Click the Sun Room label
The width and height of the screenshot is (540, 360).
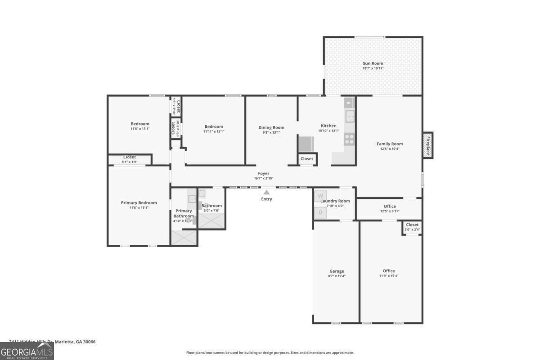point(373,63)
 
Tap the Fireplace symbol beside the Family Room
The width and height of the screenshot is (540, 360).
point(428,145)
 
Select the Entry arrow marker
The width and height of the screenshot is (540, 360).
point(266,192)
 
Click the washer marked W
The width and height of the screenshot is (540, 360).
point(320,196)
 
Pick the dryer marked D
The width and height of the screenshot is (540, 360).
point(320,212)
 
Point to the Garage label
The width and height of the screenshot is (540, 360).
point(337,271)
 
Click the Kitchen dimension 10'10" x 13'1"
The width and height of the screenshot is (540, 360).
point(328,131)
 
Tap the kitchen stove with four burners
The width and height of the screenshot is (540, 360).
point(349,139)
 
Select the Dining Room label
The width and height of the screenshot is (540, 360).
point(271,127)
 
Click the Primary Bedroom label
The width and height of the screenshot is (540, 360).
point(139,203)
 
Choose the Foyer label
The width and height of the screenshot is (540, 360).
point(264,173)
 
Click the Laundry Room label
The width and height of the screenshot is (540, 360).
point(338,201)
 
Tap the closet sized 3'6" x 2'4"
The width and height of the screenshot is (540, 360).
point(412,227)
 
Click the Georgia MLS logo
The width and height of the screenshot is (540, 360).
point(27,351)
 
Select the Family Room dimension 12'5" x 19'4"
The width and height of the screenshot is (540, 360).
point(390,149)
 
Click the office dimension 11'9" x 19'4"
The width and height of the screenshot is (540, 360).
point(389,276)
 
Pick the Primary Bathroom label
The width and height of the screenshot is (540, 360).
point(184,213)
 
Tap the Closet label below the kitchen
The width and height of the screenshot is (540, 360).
point(307,159)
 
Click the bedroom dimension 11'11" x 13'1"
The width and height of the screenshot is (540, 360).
point(214,131)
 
